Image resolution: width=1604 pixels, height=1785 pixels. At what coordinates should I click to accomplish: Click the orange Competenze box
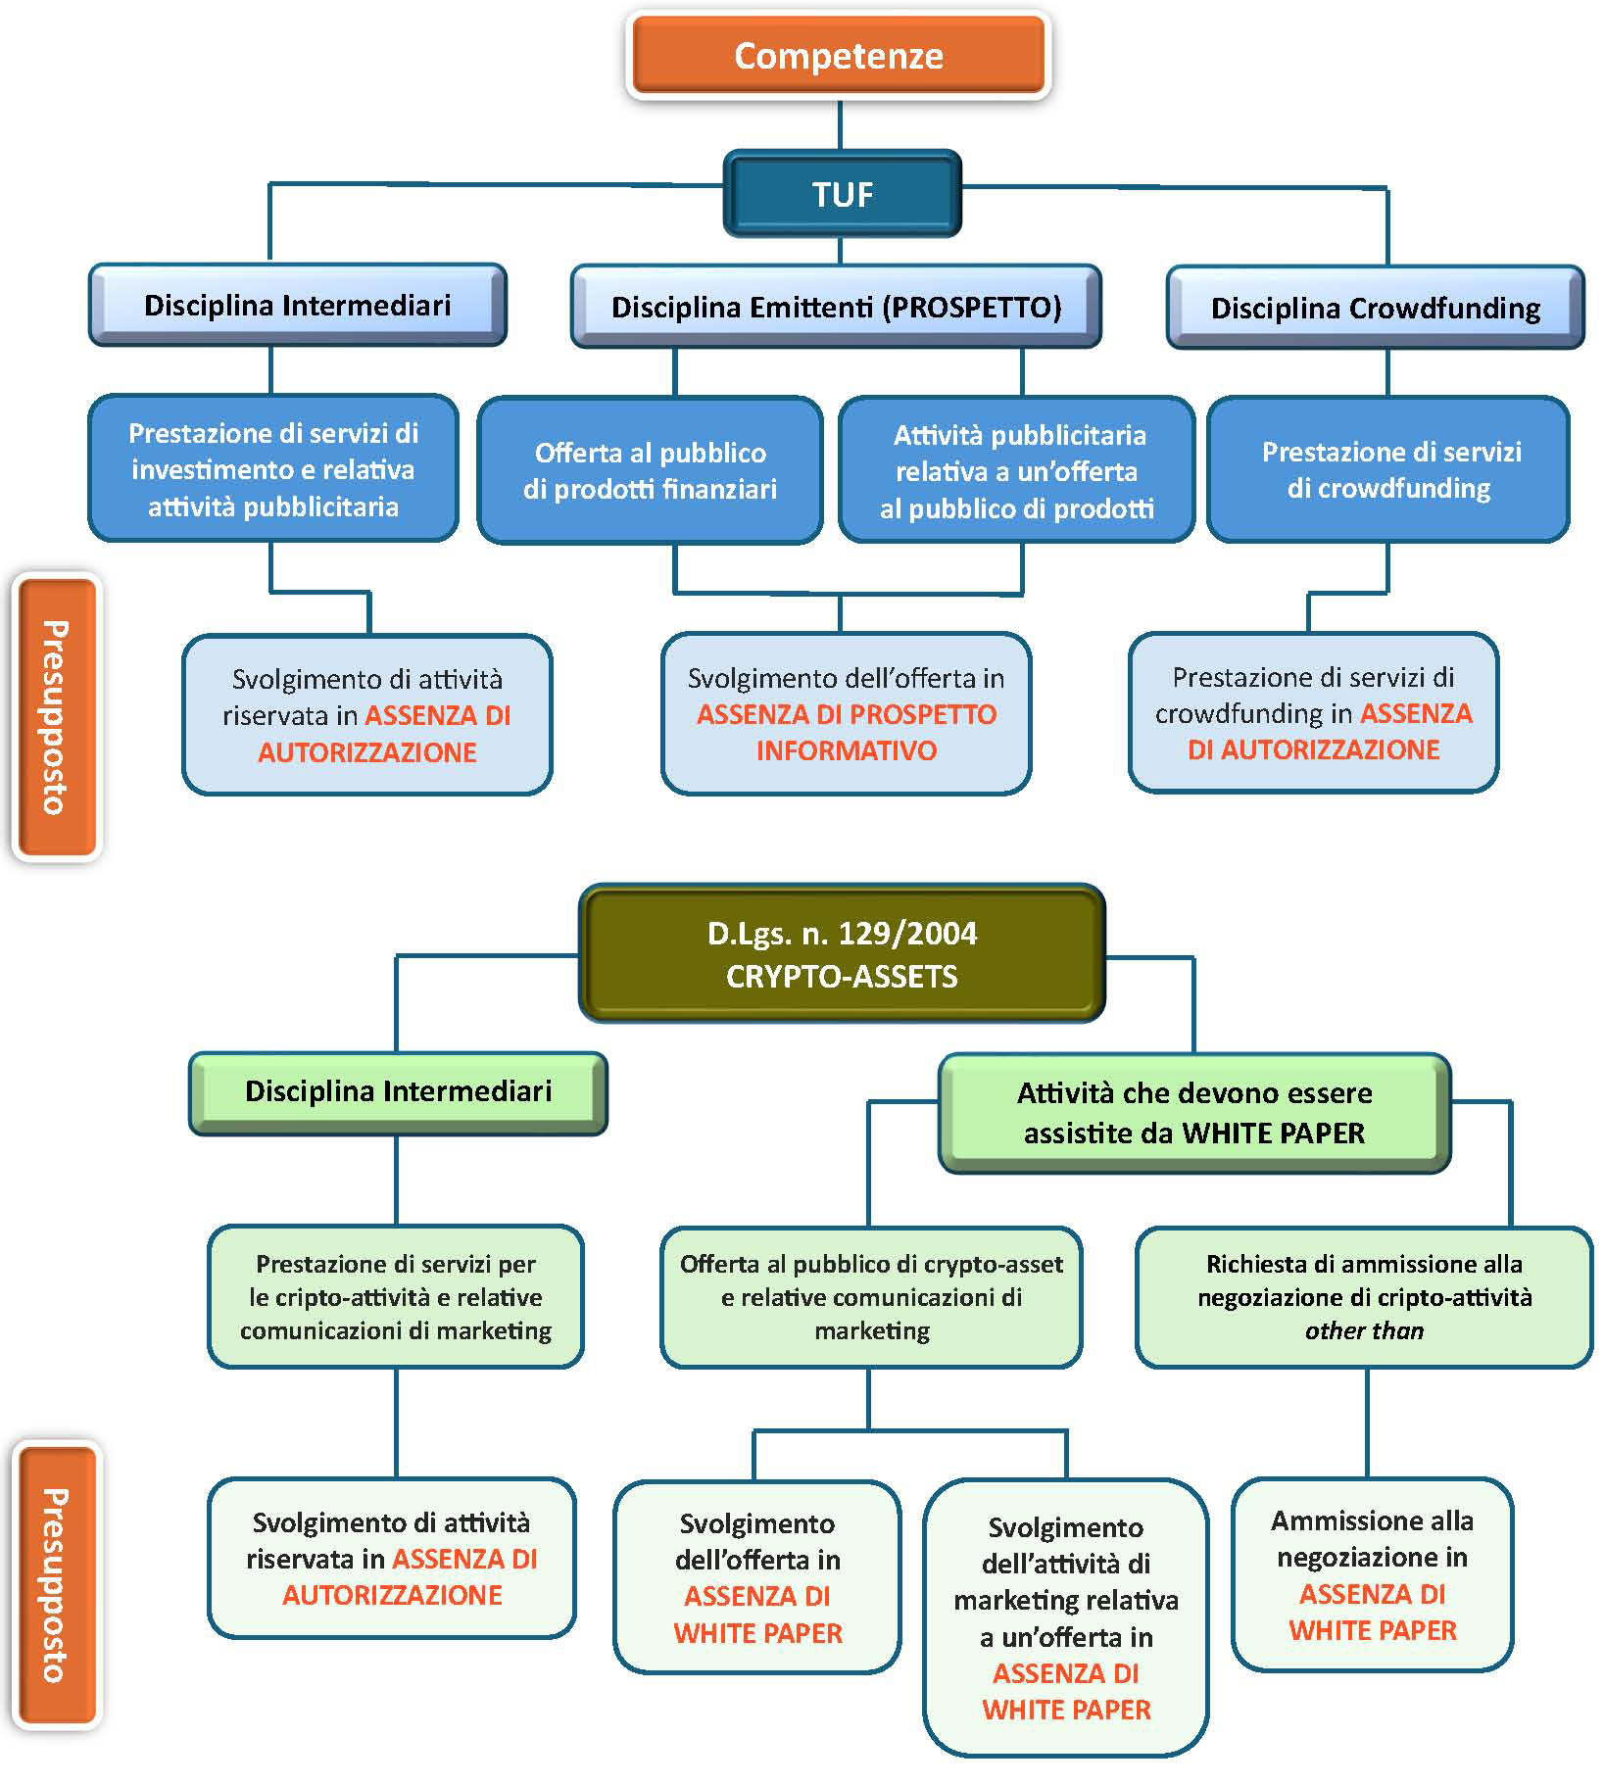[x=839, y=56]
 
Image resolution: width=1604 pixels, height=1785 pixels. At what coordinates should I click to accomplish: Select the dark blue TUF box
[x=842, y=194]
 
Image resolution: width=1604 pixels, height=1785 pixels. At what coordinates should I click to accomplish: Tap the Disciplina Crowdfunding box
[x=1375, y=308]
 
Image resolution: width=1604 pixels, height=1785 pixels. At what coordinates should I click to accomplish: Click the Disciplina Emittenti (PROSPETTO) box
[x=836, y=307]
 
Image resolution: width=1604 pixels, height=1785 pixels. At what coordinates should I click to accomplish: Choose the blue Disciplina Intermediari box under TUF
[x=297, y=305]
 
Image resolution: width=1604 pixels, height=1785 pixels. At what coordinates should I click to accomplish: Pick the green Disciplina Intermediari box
[x=398, y=1091]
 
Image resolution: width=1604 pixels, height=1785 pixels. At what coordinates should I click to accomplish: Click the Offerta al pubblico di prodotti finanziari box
[x=650, y=470]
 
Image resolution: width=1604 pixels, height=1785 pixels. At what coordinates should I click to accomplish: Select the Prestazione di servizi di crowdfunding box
[x=1388, y=469]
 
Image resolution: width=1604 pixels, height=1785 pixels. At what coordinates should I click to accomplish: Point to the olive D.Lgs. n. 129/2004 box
[x=842, y=953]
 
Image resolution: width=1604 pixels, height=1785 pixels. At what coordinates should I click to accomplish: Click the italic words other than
[x=1364, y=1330]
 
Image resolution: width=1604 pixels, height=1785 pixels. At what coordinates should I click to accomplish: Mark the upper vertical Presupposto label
[x=57, y=717]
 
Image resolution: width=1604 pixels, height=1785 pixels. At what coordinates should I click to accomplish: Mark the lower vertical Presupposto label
[x=57, y=1584]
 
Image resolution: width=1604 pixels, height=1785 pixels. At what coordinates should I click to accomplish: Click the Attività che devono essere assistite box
[x=1193, y=1113]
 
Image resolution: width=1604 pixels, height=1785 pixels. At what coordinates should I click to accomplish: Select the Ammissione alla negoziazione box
[x=1372, y=1574]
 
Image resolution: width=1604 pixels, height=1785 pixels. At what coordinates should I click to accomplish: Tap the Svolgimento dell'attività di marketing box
[x=1066, y=1617]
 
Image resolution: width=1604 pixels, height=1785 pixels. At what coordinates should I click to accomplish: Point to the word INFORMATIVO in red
[x=847, y=750]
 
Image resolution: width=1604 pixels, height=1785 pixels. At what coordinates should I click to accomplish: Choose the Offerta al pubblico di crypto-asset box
[x=871, y=1296]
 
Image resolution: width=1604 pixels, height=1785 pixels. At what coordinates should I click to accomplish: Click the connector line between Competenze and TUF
[x=841, y=124]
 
